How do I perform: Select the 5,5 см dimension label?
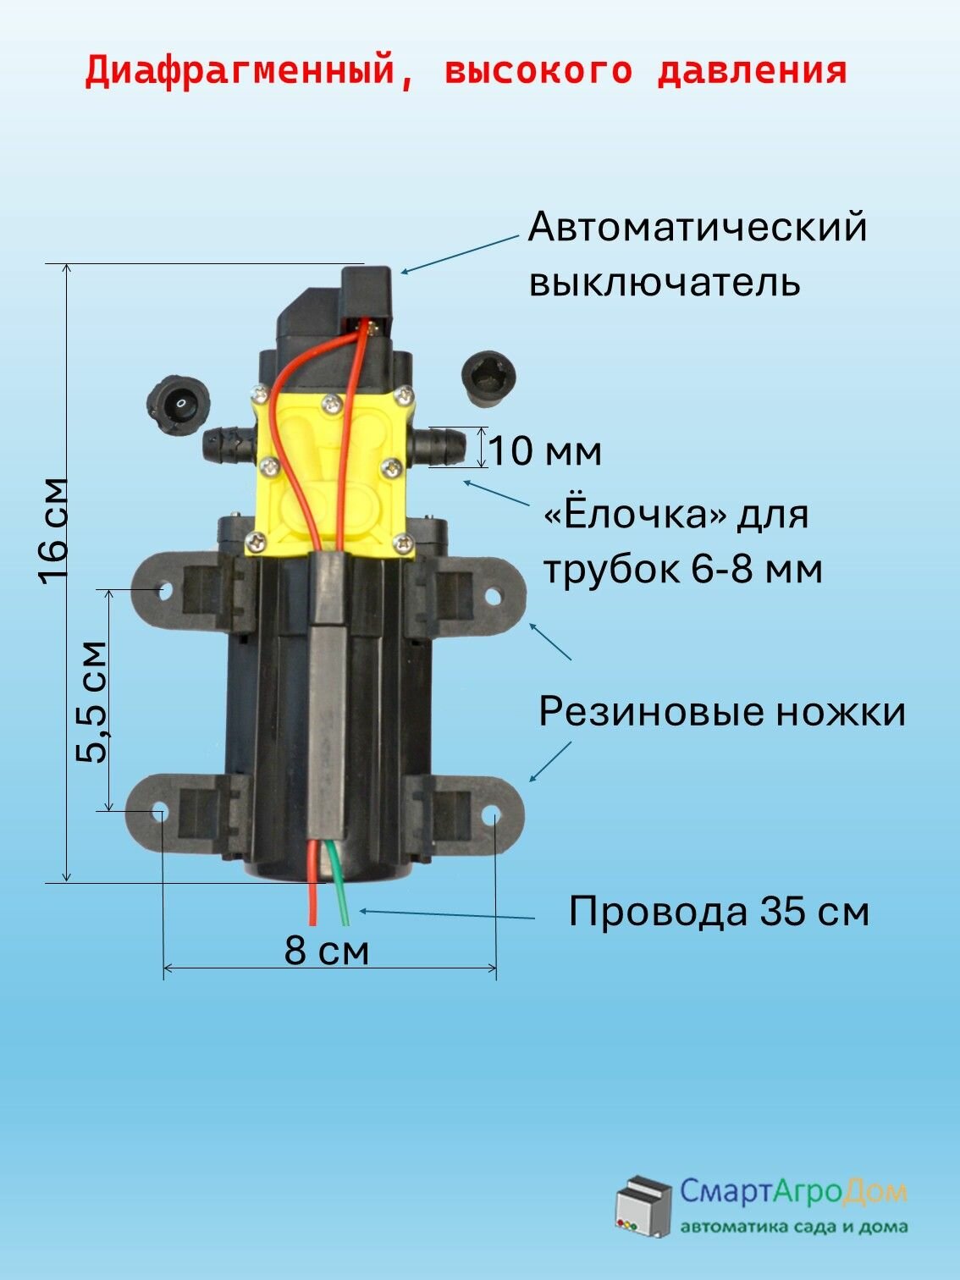pos(92,702)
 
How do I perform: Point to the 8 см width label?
pos(327,951)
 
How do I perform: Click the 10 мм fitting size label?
pos(546,451)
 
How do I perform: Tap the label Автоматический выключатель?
pos(697,255)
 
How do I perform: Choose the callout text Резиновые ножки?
pos(721,712)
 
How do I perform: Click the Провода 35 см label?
pos(719,912)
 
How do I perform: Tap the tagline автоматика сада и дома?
pos(794,1227)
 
